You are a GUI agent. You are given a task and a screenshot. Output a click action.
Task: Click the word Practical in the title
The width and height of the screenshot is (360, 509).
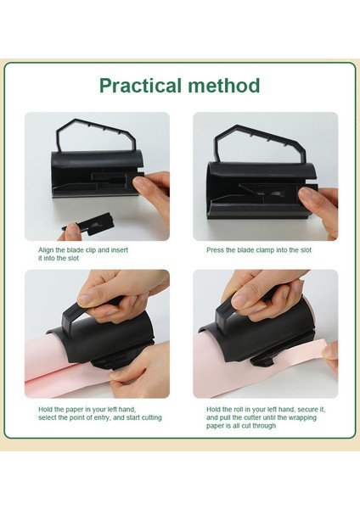click(x=140, y=86)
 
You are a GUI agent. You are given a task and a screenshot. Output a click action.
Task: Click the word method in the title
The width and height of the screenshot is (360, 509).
click(x=223, y=86)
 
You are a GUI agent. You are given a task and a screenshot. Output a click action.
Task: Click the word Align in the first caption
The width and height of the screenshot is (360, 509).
click(x=46, y=250)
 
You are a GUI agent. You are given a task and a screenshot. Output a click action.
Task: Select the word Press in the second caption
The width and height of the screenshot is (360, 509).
click(x=215, y=250)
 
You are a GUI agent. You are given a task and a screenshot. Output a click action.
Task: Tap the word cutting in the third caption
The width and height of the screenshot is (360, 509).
click(x=151, y=417)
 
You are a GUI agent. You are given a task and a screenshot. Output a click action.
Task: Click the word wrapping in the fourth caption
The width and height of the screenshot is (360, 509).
click(x=303, y=417)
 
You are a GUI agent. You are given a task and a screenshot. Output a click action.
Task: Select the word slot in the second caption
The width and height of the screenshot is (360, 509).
click(x=306, y=250)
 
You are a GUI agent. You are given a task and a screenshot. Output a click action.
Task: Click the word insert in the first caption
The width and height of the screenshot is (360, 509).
click(x=120, y=250)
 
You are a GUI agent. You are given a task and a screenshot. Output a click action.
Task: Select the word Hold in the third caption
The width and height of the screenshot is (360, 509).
click(x=46, y=410)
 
